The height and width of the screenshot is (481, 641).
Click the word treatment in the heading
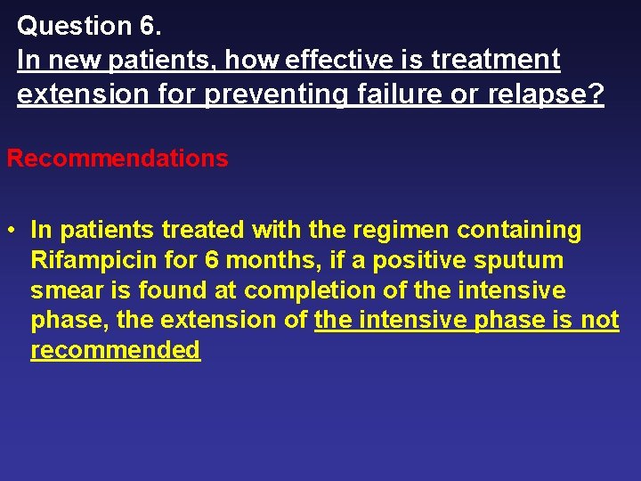pyautogui.click(x=496, y=60)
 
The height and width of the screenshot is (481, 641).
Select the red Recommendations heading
pyautogui.click(x=118, y=159)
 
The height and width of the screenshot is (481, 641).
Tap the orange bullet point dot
pyautogui.click(x=12, y=231)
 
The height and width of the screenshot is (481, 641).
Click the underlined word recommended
pyautogui.click(x=116, y=350)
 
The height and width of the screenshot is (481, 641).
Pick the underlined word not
pyautogui.click(x=599, y=321)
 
